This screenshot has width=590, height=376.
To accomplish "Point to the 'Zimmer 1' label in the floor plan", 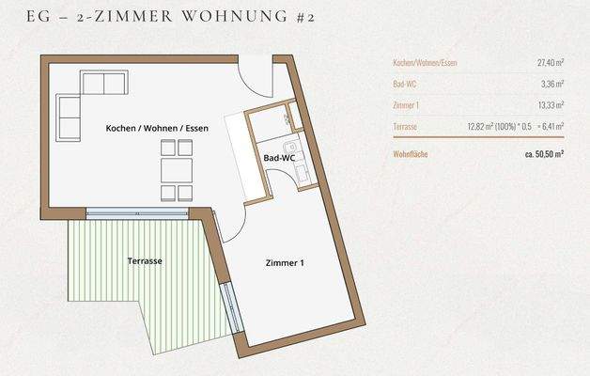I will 285,264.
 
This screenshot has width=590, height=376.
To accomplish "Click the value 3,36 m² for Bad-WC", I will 550,85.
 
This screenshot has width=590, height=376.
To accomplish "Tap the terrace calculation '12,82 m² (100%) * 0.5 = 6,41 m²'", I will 515,126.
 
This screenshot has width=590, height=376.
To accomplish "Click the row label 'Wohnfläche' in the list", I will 411,152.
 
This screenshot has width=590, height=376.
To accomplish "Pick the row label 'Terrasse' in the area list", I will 406,126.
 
